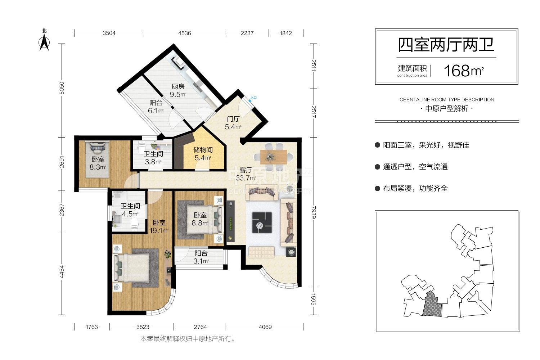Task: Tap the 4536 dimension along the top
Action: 184,33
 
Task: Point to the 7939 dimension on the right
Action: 314,212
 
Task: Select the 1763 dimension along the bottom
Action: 91,327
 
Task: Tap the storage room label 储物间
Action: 203,150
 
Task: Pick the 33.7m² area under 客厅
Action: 246,178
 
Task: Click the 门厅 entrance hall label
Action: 233,119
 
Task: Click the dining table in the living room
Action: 274,157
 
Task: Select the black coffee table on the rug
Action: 262,222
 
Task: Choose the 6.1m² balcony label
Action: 156,107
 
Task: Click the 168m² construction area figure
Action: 464,71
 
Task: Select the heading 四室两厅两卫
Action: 446,45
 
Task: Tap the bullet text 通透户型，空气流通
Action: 415,167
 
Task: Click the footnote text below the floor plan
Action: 188,339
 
